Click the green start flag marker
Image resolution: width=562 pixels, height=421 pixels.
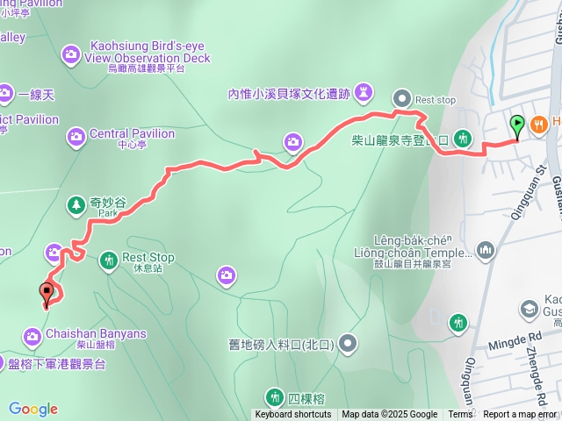[518, 125]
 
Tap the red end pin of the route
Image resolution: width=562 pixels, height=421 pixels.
[47, 294]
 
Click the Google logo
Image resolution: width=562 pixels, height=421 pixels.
[33, 409]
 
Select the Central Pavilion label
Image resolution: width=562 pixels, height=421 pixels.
[132, 134]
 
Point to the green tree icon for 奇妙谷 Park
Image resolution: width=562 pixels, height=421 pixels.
[76, 204]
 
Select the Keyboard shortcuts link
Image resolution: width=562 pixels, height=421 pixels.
[293, 415]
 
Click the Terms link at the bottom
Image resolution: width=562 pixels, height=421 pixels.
[460, 415]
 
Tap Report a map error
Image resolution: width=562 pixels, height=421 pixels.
[520, 415]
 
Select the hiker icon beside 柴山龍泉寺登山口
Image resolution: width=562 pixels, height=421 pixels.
[464, 138]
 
